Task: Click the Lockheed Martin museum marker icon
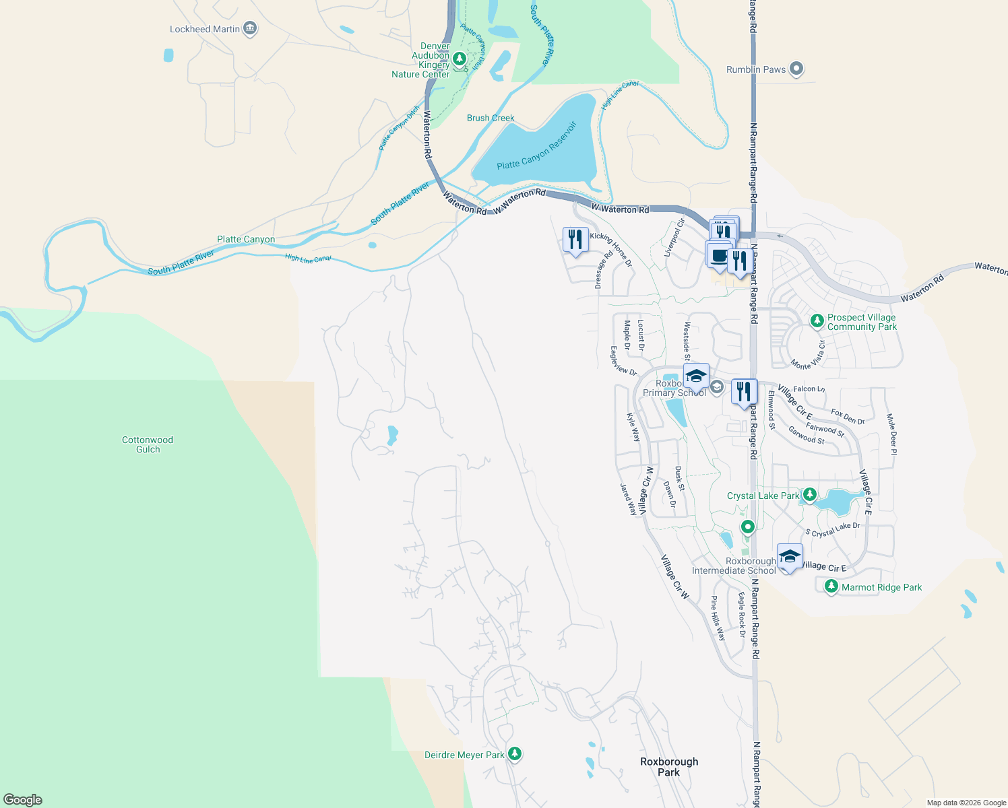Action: [x=250, y=28]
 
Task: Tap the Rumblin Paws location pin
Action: [x=796, y=69]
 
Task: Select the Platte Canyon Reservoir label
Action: [x=537, y=147]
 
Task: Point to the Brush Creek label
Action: [x=491, y=118]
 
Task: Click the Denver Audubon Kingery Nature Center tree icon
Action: [x=460, y=59]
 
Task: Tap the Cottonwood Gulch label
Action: [x=148, y=444]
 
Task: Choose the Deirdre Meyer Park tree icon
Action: [x=515, y=754]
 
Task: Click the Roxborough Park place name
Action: [x=669, y=767]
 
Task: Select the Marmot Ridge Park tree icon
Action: [x=831, y=586]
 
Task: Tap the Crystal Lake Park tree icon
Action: [x=810, y=495]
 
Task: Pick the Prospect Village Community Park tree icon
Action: [x=817, y=321]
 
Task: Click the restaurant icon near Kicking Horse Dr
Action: [x=575, y=239]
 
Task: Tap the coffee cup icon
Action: [x=719, y=256]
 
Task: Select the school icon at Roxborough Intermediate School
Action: [x=790, y=556]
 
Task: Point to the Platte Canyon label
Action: [x=246, y=240]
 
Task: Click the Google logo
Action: [x=23, y=800]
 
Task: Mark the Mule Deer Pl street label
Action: [x=891, y=434]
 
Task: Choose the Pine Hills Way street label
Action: [x=718, y=617]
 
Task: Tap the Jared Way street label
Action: [x=629, y=499]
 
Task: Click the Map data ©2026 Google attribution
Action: [x=966, y=803]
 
